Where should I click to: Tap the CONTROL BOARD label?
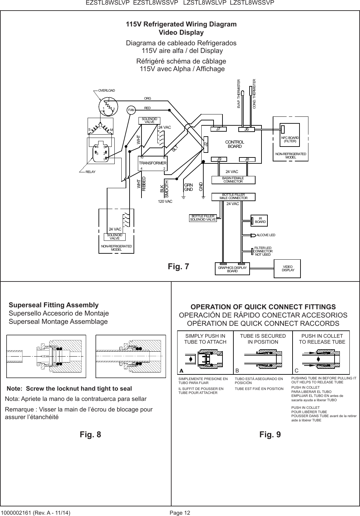tap(234, 144)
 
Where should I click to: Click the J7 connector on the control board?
tap(219, 129)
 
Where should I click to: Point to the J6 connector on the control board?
tap(247, 129)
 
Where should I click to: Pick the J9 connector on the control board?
tap(219, 159)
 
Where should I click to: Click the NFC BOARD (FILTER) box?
tap(290, 139)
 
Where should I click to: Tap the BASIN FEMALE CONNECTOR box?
tap(233, 180)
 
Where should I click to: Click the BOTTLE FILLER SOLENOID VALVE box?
tap(203, 218)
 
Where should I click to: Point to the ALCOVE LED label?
tap(266, 235)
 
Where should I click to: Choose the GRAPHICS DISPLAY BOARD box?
tap(232, 269)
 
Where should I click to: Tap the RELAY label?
tap(88, 172)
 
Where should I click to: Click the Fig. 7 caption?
tap(179, 266)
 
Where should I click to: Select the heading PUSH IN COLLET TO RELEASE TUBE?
tap(322, 339)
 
